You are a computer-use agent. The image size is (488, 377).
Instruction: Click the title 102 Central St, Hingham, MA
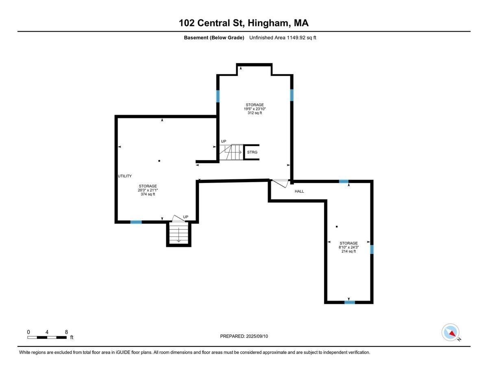tap(244, 23)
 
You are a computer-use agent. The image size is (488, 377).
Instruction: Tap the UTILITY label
tap(124, 176)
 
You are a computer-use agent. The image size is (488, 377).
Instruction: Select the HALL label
tap(299, 191)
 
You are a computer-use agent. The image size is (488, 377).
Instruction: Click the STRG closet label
tap(252, 153)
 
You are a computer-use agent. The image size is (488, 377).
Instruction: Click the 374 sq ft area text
tap(148, 194)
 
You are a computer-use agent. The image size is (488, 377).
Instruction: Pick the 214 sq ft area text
tap(349, 251)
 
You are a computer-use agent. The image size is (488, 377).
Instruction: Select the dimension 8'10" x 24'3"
tap(349, 247)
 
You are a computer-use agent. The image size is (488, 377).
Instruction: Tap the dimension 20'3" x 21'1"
tap(148, 190)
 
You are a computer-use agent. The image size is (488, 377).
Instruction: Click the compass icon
tap(450, 332)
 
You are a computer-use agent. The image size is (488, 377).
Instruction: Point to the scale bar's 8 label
tap(66, 332)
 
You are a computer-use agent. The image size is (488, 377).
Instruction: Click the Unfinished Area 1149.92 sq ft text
tap(282, 38)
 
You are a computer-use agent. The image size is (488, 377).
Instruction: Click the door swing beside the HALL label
tap(280, 183)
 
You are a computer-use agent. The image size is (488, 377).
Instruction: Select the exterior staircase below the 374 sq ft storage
tap(179, 234)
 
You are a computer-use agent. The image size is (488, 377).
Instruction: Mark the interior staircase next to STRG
tap(231, 152)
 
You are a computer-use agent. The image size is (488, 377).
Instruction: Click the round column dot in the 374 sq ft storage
tap(159, 161)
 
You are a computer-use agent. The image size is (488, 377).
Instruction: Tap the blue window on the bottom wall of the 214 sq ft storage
tap(349, 302)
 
